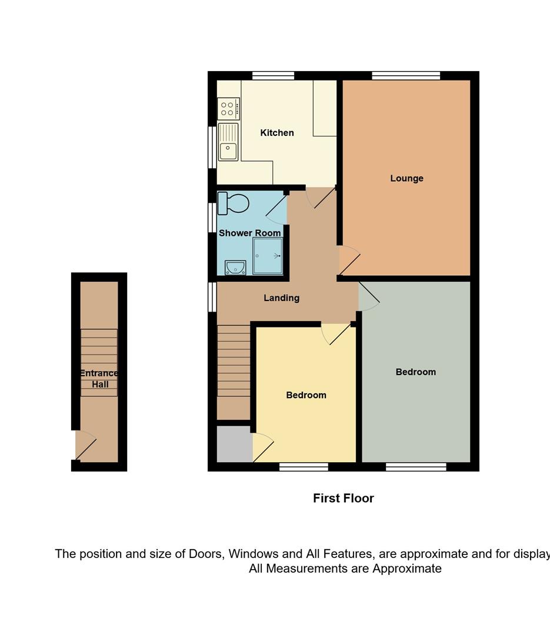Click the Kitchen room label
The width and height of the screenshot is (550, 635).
[277, 133]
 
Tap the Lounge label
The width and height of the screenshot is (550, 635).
[406, 178]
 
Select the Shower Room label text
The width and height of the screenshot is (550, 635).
[249, 233]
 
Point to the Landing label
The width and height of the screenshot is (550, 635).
[281, 298]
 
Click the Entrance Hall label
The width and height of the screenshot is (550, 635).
[99, 379]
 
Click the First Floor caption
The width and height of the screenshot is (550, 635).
[344, 498]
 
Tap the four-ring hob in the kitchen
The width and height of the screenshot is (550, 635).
[229, 109]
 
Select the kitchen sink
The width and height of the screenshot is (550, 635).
[228, 142]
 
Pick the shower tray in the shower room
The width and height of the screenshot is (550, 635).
[268, 256]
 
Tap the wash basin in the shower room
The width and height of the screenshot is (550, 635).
[235, 268]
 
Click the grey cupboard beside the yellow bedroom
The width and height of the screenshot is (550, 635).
[235, 444]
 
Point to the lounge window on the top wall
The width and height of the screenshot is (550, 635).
[406, 76]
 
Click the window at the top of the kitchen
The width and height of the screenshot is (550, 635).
[273, 76]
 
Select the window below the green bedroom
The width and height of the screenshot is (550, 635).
[416, 467]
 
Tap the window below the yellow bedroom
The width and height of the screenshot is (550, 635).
[304, 467]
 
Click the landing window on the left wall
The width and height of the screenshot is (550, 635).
[212, 297]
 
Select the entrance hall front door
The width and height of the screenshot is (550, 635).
[86, 446]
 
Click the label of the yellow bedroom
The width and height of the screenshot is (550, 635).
[306, 395]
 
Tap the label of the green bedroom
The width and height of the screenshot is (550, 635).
[416, 372]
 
